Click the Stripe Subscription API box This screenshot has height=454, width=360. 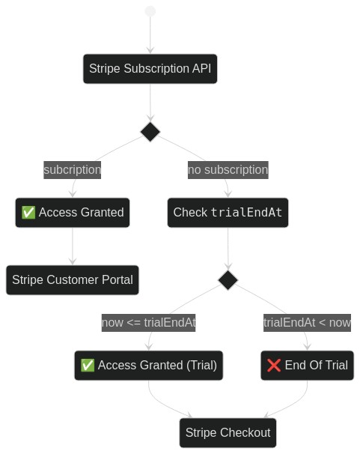click(x=150, y=69)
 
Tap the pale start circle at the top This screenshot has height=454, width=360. click(x=150, y=11)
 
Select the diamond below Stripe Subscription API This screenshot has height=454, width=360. click(x=150, y=132)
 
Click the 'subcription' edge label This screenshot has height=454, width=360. click(x=73, y=170)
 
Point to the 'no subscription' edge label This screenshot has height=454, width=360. click(x=228, y=170)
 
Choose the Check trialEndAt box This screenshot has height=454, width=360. click(x=228, y=213)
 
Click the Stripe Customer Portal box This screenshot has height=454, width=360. click(x=73, y=280)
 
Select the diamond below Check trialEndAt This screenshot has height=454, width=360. click(x=228, y=280)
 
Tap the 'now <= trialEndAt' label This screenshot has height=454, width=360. click(x=149, y=323)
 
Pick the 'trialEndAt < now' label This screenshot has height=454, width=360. click(x=307, y=323)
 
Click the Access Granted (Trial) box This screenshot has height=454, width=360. click(x=149, y=366)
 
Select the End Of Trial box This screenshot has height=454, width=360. click(x=307, y=366)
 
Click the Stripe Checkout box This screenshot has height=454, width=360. click(x=228, y=433)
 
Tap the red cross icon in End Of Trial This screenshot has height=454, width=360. click(x=273, y=366)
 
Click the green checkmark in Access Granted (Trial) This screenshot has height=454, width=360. click(x=88, y=365)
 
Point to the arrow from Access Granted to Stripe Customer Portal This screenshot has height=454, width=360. click(x=73, y=246)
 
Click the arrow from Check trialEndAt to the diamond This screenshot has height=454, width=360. click(x=228, y=249)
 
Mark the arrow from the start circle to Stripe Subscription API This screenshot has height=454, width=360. click(x=150, y=35)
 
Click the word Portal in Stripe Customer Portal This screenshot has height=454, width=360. click(x=118, y=280)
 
